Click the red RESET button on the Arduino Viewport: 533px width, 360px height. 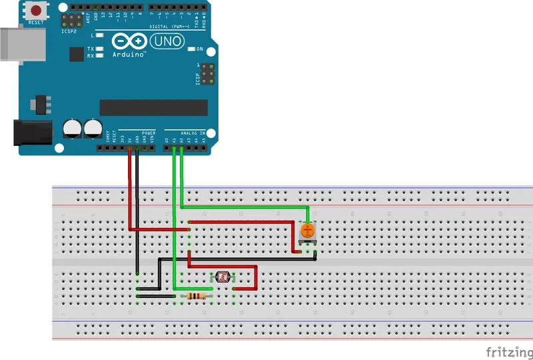(x=35, y=11)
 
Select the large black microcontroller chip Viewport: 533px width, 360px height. (x=153, y=107)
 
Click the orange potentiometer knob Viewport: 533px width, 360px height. (x=307, y=231)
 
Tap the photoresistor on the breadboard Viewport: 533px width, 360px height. (x=222, y=277)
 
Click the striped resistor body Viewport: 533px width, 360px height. (x=198, y=296)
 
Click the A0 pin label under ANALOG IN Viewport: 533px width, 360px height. (x=167, y=140)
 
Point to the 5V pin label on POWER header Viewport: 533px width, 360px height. (x=129, y=140)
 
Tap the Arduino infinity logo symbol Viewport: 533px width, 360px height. (x=129, y=41)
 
